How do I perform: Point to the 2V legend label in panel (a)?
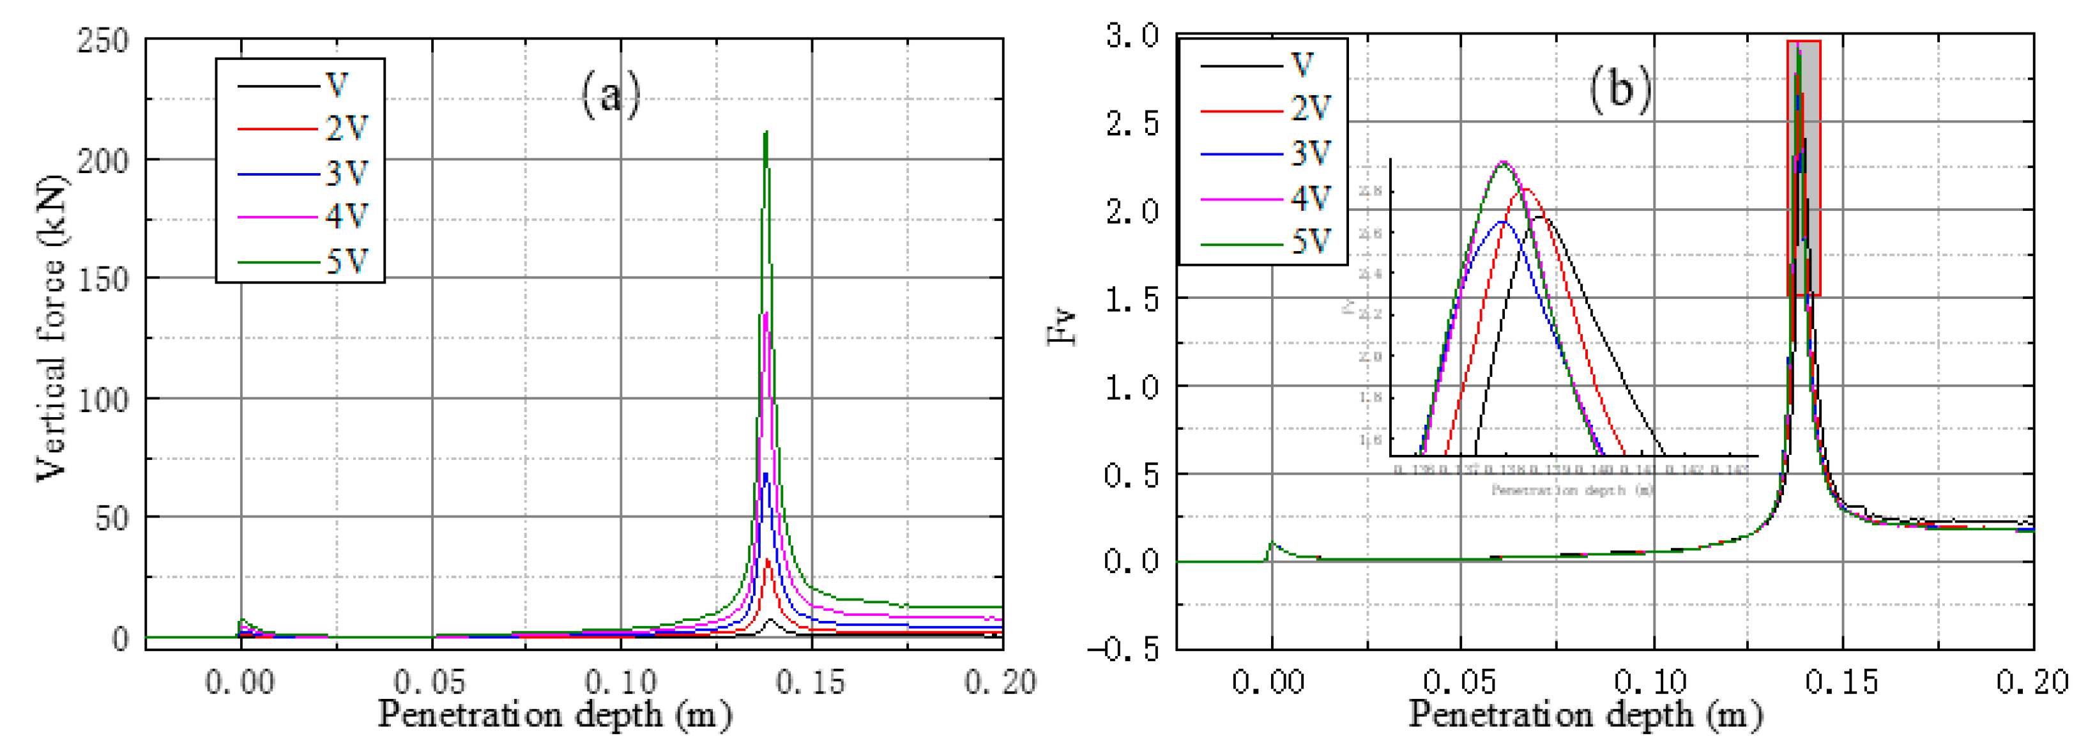pos(347,128)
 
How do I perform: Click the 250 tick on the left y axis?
pos(103,40)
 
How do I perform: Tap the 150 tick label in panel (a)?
pos(103,280)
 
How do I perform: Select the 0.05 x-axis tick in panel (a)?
pos(431,682)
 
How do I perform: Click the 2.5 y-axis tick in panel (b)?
pos(1133,123)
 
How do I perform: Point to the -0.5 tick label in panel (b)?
pos(1124,648)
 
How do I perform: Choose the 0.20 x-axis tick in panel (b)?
pos(2032,682)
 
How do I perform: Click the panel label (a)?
pos(611,95)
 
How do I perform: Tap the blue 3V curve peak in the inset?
pos(1502,221)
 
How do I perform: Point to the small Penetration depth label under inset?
pos(1572,491)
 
